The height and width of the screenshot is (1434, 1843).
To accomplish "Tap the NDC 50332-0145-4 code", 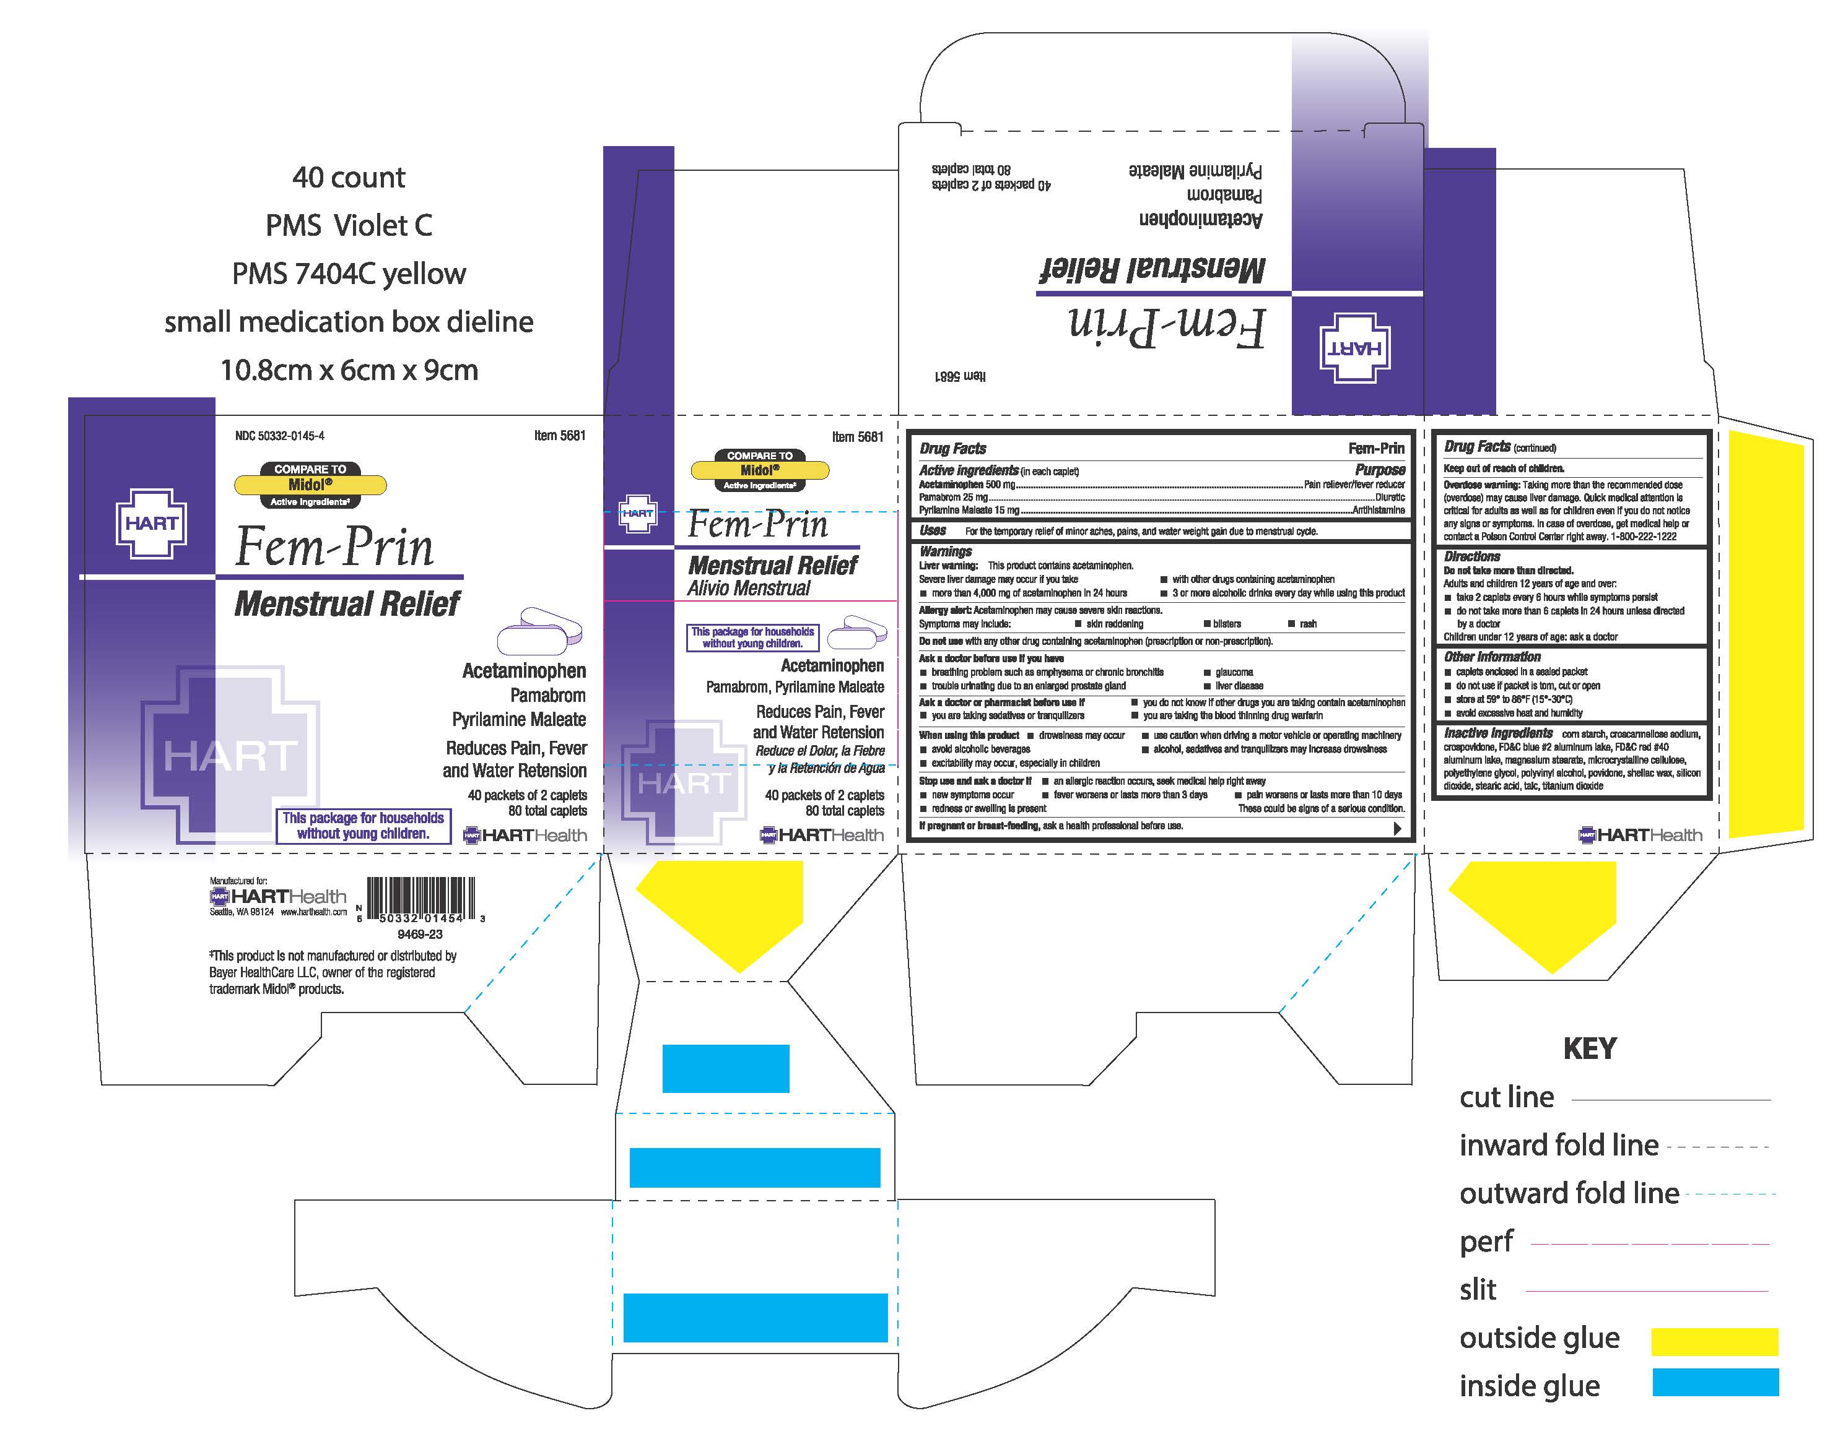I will pyautogui.click(x=279, y=436).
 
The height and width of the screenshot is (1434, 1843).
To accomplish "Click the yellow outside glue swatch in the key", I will pyautogui.click(x=1714, y=1341).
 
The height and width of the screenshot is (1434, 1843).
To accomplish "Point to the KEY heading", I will pyautogui.click(x=1589, y=1048).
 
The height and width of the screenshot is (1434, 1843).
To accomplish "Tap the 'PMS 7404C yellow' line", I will pyautogui.click(x=349, y=274).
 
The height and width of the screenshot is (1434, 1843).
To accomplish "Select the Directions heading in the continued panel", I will pyautogui.click(x=1471, y=557).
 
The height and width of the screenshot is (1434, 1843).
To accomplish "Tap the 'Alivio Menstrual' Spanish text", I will pyautogui.click(x=749, y=588).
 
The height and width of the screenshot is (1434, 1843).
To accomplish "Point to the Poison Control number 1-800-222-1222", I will pyautogui.click(x=1643, y=537).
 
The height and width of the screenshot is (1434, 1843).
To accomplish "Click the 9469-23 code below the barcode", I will pyautogui.click(x=419, y=935).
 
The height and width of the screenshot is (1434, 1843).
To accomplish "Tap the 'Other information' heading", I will pyautogui.click(x=1492, y=657).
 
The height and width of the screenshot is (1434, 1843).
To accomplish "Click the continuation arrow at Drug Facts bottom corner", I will pyautogui.click(x=1398, y=828).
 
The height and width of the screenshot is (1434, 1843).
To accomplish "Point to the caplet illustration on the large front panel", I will pyautogui.click(x=540, y=630).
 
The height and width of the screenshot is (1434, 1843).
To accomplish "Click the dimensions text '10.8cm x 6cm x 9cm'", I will pyautogui.click(x=349, y=369).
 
